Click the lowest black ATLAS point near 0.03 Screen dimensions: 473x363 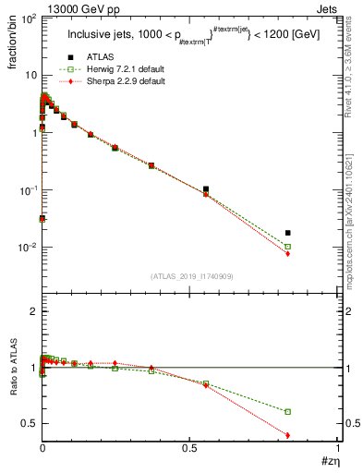click(42, 219)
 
